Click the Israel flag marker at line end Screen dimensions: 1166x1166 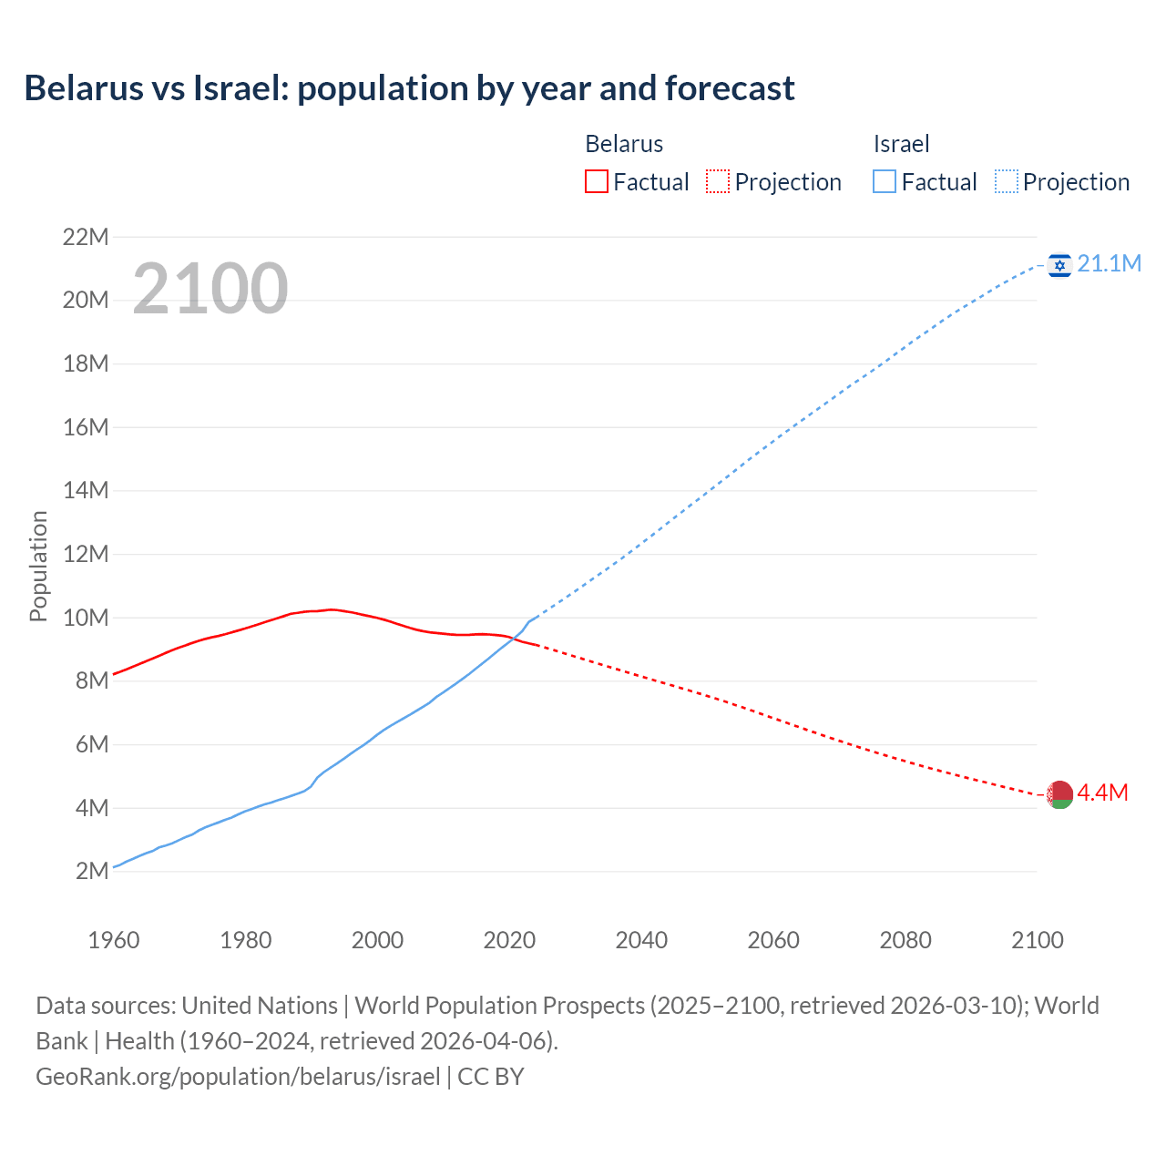point(1059,265)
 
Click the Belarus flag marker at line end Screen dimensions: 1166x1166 point(1059,794)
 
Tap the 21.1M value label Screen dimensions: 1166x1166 point(1109,264)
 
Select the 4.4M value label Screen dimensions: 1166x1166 point(1102,793)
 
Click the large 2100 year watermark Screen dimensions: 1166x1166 point(210,289)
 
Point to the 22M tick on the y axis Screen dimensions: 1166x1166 point(86,238)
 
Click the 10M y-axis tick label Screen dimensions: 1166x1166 point(86,618)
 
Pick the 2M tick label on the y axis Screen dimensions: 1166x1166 point(92,871)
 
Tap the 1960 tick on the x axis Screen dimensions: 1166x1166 point(114,940)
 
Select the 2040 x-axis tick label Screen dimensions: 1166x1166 point(641,940)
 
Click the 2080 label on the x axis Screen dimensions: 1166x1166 point(905,940)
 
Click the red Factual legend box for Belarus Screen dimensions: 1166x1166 point(597,182)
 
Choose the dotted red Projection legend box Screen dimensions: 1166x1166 point(718,182)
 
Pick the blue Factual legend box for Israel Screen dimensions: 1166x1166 point(885,182)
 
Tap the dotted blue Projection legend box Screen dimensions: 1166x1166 point(1007,182)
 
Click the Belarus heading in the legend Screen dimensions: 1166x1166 point(624,144)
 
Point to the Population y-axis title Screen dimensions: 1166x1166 point(38,566)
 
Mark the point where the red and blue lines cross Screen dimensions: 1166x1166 point(514,639)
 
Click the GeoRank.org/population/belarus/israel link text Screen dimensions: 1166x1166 point(238,1077)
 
